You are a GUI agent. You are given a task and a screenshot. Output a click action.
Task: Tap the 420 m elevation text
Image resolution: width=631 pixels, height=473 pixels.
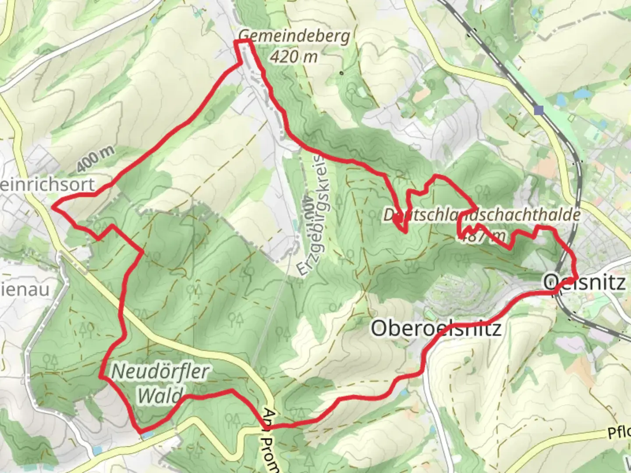(294, 56)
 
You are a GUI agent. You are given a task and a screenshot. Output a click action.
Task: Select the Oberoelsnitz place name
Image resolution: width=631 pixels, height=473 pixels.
(436, 328)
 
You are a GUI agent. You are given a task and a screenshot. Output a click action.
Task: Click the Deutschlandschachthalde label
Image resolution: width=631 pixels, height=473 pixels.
(482, 215)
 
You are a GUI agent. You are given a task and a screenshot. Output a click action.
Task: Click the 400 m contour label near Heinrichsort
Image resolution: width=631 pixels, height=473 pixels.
(96, 159)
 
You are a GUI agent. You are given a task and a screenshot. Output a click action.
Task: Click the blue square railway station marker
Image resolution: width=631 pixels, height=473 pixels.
(539, 110)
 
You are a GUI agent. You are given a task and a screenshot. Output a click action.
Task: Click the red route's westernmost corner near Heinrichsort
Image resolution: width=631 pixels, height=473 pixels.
(53, 206)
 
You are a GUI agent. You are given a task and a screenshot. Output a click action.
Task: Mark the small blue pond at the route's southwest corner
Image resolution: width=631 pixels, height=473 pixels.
(147, 434)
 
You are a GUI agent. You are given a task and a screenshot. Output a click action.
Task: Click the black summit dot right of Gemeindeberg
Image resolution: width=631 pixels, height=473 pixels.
(341, 73)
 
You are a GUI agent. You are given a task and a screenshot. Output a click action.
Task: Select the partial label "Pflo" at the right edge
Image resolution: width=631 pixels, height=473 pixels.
(619, 433)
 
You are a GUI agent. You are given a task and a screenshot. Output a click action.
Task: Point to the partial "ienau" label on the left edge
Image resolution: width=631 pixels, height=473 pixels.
(25, 289)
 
